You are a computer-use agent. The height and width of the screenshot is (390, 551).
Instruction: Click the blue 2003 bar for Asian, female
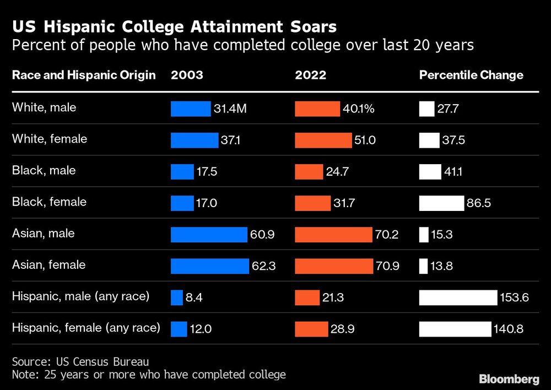click(x=210, y=266)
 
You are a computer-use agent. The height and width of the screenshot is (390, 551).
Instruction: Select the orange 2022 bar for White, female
click(x=323, y=140)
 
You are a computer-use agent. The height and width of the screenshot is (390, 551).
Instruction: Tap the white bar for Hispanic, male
click(x=458, y=298)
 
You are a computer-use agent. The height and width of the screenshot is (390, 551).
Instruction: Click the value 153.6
click(x=515, y=298)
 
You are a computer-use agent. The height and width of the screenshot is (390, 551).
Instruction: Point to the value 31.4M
click(x=230, y=109)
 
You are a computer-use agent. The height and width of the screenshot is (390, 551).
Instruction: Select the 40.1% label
click(x=359, y=109)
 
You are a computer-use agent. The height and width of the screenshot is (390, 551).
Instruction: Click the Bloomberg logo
click(x=509, y=379)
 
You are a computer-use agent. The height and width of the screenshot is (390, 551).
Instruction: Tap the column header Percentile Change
click(x=471, y=75)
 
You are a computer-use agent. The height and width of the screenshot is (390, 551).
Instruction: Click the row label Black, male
click(x=44, y=170)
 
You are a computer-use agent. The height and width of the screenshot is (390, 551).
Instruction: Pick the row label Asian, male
click(x=44, y=233)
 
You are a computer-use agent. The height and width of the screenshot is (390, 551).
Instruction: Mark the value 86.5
click(x=479, y=203)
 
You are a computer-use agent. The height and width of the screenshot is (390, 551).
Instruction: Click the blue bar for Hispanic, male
click(x=176, y=298)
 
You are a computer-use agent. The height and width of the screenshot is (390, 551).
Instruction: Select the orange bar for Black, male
click(x=309, y=172)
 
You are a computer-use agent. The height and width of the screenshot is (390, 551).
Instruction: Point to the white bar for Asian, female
click(x=423, y=266)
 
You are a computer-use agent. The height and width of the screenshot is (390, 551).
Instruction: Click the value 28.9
click(x=343, y=329)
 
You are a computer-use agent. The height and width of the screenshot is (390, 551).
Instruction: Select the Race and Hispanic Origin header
click(x=84, y=75)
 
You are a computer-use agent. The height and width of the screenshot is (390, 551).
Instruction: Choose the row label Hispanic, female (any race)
click(x=86, y=328)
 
